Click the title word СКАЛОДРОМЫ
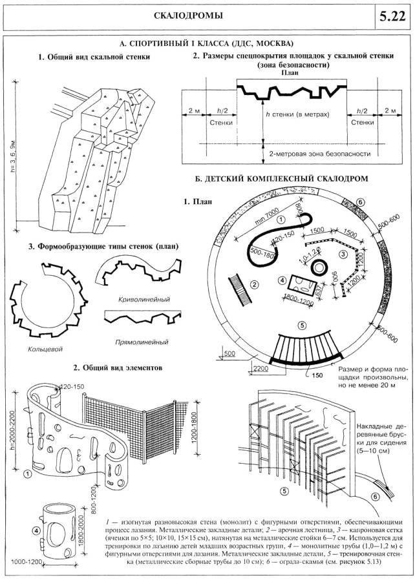point(187,16)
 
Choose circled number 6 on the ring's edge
point(361,202)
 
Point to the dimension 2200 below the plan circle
point(262,369)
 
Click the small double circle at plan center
point(318,266)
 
